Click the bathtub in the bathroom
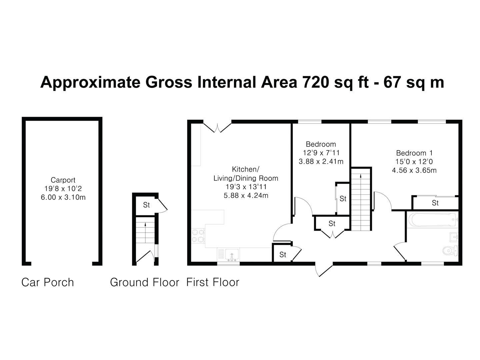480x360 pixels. [432, 220]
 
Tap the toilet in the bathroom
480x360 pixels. [450, 250]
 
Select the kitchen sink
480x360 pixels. [231, 255]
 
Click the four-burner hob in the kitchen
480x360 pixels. [198, 236]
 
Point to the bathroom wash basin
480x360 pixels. [454, 237]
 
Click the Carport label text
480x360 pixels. [63, 180]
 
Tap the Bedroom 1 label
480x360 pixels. [414, 153]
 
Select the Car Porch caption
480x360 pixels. [48, 282]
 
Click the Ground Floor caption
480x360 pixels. [145, 282]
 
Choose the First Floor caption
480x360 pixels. [213, 282]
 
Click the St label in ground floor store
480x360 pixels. [146, 205]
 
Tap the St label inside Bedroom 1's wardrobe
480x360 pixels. [435, 203]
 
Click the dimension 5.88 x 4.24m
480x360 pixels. [246, 195]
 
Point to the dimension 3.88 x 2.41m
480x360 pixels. [321, 162]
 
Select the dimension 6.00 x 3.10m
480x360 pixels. [63, 197]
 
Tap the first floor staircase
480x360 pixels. [361, 199]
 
